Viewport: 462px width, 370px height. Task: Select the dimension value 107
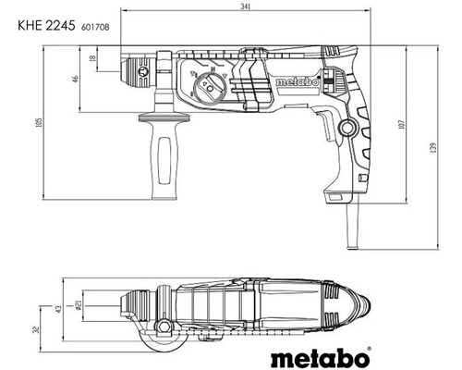click(x=399, y=122)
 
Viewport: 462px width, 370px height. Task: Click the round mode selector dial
click(x=208, y=90)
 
